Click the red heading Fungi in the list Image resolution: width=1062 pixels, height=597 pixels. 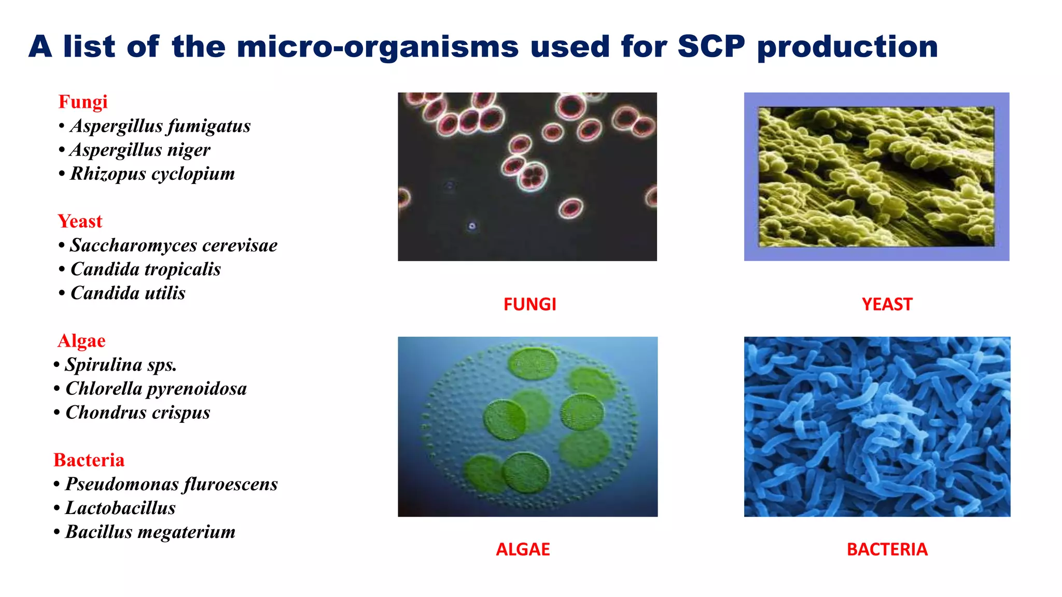tap(83, 102)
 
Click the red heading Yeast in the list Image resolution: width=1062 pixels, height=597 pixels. tap(80, 221)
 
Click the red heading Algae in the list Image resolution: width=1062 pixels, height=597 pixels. tap(81, 341)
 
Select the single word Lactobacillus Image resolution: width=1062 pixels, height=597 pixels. tap(120, 508)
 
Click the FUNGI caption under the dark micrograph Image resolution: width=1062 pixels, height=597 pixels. tap(529, 304)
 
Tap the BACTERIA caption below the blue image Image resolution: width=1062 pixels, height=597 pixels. tap(887, 549)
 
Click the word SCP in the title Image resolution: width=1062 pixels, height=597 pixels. tap(711, 47)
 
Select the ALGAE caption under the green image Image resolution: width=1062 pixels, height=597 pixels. tap(523, 549)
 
